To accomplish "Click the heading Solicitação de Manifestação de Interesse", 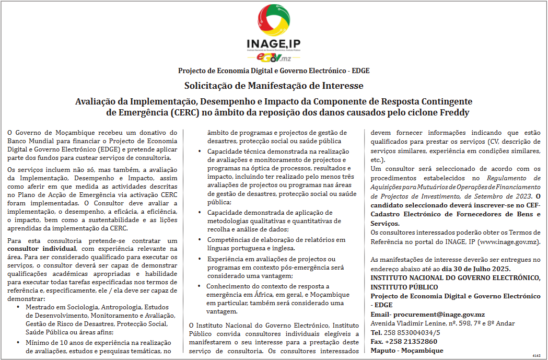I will (x=274, y=86).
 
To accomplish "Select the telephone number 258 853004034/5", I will (x=412, y=332).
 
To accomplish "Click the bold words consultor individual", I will (x=43, y=249).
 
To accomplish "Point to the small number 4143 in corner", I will (x=537, y=356).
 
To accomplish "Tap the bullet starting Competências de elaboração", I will (x=276, y=240).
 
